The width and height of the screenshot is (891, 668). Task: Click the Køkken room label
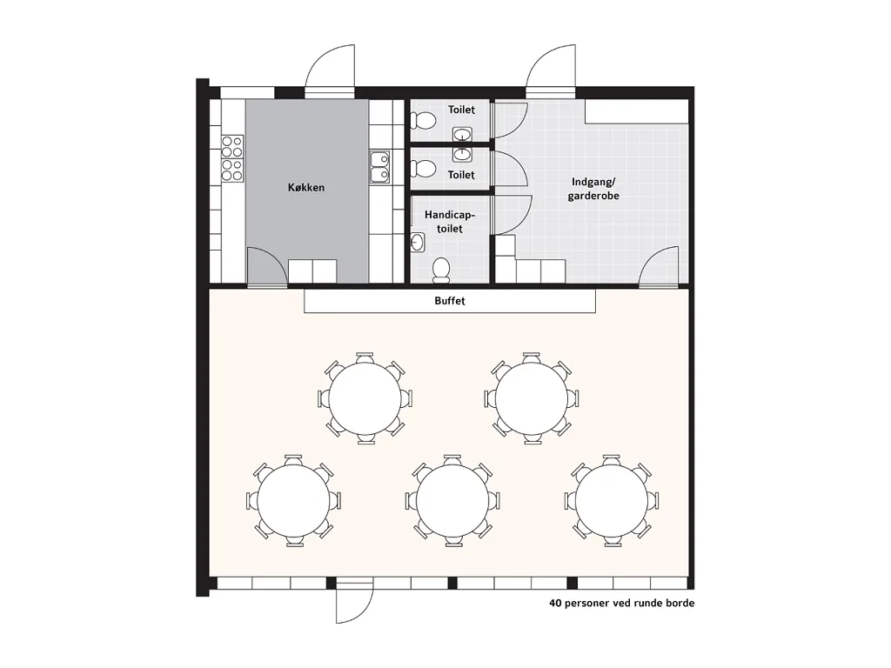305,188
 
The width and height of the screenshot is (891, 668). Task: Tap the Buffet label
450,300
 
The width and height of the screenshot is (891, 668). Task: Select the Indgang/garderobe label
593,189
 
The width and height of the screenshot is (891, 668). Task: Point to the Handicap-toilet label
450,222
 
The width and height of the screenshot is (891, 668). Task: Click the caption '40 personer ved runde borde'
621,603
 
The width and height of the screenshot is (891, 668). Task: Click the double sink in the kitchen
379,166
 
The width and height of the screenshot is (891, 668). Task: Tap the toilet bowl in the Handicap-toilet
441,270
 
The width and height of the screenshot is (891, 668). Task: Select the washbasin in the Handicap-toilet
418,243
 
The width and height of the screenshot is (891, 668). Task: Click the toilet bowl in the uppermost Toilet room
422,120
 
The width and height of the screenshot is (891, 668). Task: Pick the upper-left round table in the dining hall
365,397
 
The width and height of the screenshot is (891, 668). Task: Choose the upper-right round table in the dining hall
532,397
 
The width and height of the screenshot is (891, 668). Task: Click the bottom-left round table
293,500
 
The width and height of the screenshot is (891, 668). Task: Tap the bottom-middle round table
452,500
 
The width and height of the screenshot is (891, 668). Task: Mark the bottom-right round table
612,500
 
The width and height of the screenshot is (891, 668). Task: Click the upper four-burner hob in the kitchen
231,146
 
